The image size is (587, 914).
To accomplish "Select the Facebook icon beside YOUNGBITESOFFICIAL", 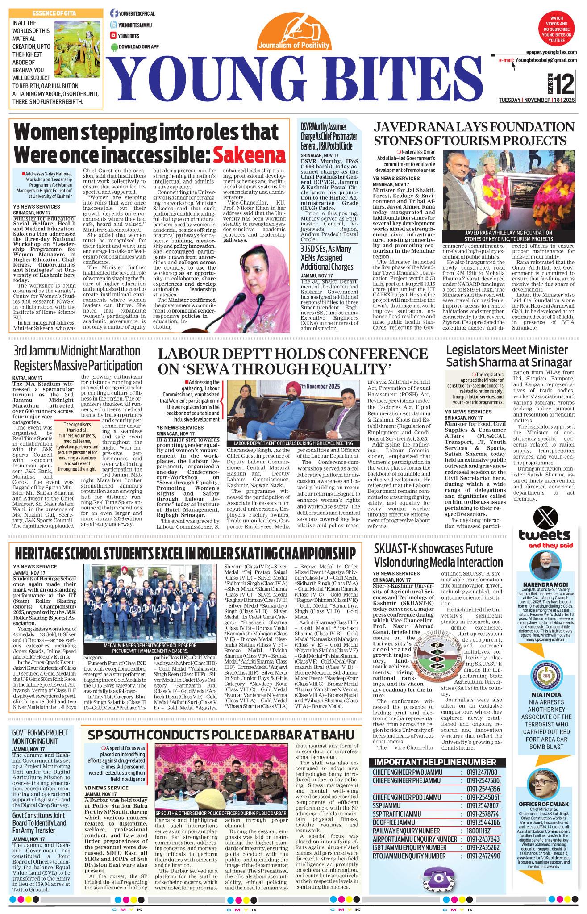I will [114, 14].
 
